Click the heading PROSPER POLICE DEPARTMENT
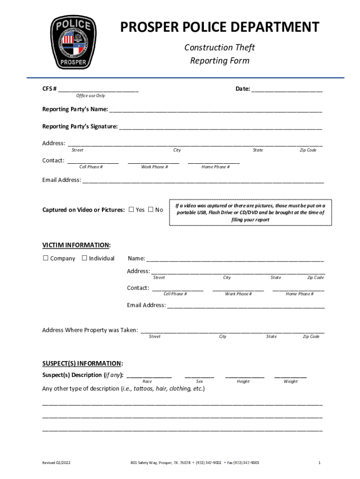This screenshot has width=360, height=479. coord(220,27)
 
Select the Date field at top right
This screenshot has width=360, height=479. coord(287,89)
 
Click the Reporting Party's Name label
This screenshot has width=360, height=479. coord(75,109)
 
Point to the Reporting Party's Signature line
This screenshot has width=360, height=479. coord(220,127)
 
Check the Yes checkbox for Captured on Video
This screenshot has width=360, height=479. coord(131,210)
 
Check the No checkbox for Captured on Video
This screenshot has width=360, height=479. coord(151,210)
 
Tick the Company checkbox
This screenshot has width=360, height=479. coord(46,258)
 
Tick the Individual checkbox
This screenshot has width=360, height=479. coord(85,258)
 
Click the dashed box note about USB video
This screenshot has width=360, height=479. coord(250,212)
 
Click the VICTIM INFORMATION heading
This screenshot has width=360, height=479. coord(77,245)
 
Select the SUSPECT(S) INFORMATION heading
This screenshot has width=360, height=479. coord(83,363)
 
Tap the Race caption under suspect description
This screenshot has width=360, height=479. coord(147,381)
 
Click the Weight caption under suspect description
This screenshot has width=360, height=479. coord(290,381)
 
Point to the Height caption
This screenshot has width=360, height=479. coord(243,381)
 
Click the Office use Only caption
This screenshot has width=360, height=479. coord(91,95)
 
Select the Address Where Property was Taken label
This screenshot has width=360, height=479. coord(90,330)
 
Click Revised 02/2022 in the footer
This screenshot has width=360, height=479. coord(57,463)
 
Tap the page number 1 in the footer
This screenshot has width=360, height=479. coord(319,463)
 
